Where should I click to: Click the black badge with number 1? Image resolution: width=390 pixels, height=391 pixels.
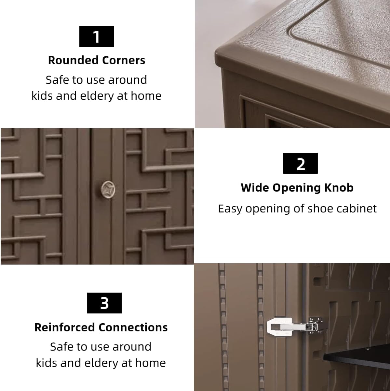[x=96, y=36]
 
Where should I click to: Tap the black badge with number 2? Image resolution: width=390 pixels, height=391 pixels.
[x=301, y=163]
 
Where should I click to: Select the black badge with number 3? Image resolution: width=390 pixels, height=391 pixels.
[x=104, y=303]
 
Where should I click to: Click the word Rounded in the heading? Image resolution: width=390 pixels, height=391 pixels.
[x=73, y=60]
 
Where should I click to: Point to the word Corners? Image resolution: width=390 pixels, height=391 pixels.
[x=124, y=60]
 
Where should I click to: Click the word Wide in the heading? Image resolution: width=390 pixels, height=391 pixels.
[x=255, y=187]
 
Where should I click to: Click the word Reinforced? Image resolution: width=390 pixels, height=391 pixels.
[x=65, y=327]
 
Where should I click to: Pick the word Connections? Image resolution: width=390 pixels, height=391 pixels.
[x=133, y=327]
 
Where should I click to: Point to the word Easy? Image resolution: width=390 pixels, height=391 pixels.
[x=230, y=209]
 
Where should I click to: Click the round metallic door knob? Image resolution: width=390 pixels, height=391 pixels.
[x=108, y=190]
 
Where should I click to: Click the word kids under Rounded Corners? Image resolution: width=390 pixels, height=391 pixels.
[x=42, y=95]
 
